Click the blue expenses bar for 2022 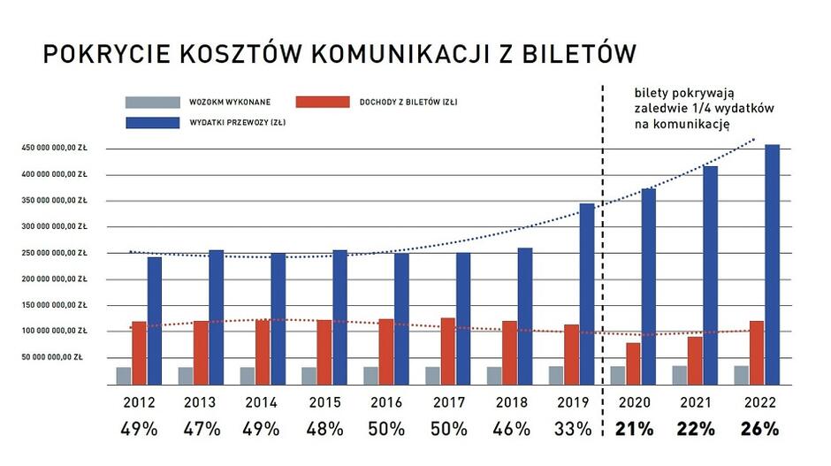tap(773, 265)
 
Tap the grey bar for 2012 tap(124, 377)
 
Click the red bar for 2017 tap(448, 352)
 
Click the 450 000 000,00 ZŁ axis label tap(55, 148)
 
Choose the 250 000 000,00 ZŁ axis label tap(55, 253)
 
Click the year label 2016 tap(385, 402)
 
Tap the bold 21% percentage tap(635, 430)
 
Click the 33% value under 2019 tap(572, 430)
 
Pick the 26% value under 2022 tap(759, 430)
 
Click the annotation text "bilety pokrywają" tap(679, 93)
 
